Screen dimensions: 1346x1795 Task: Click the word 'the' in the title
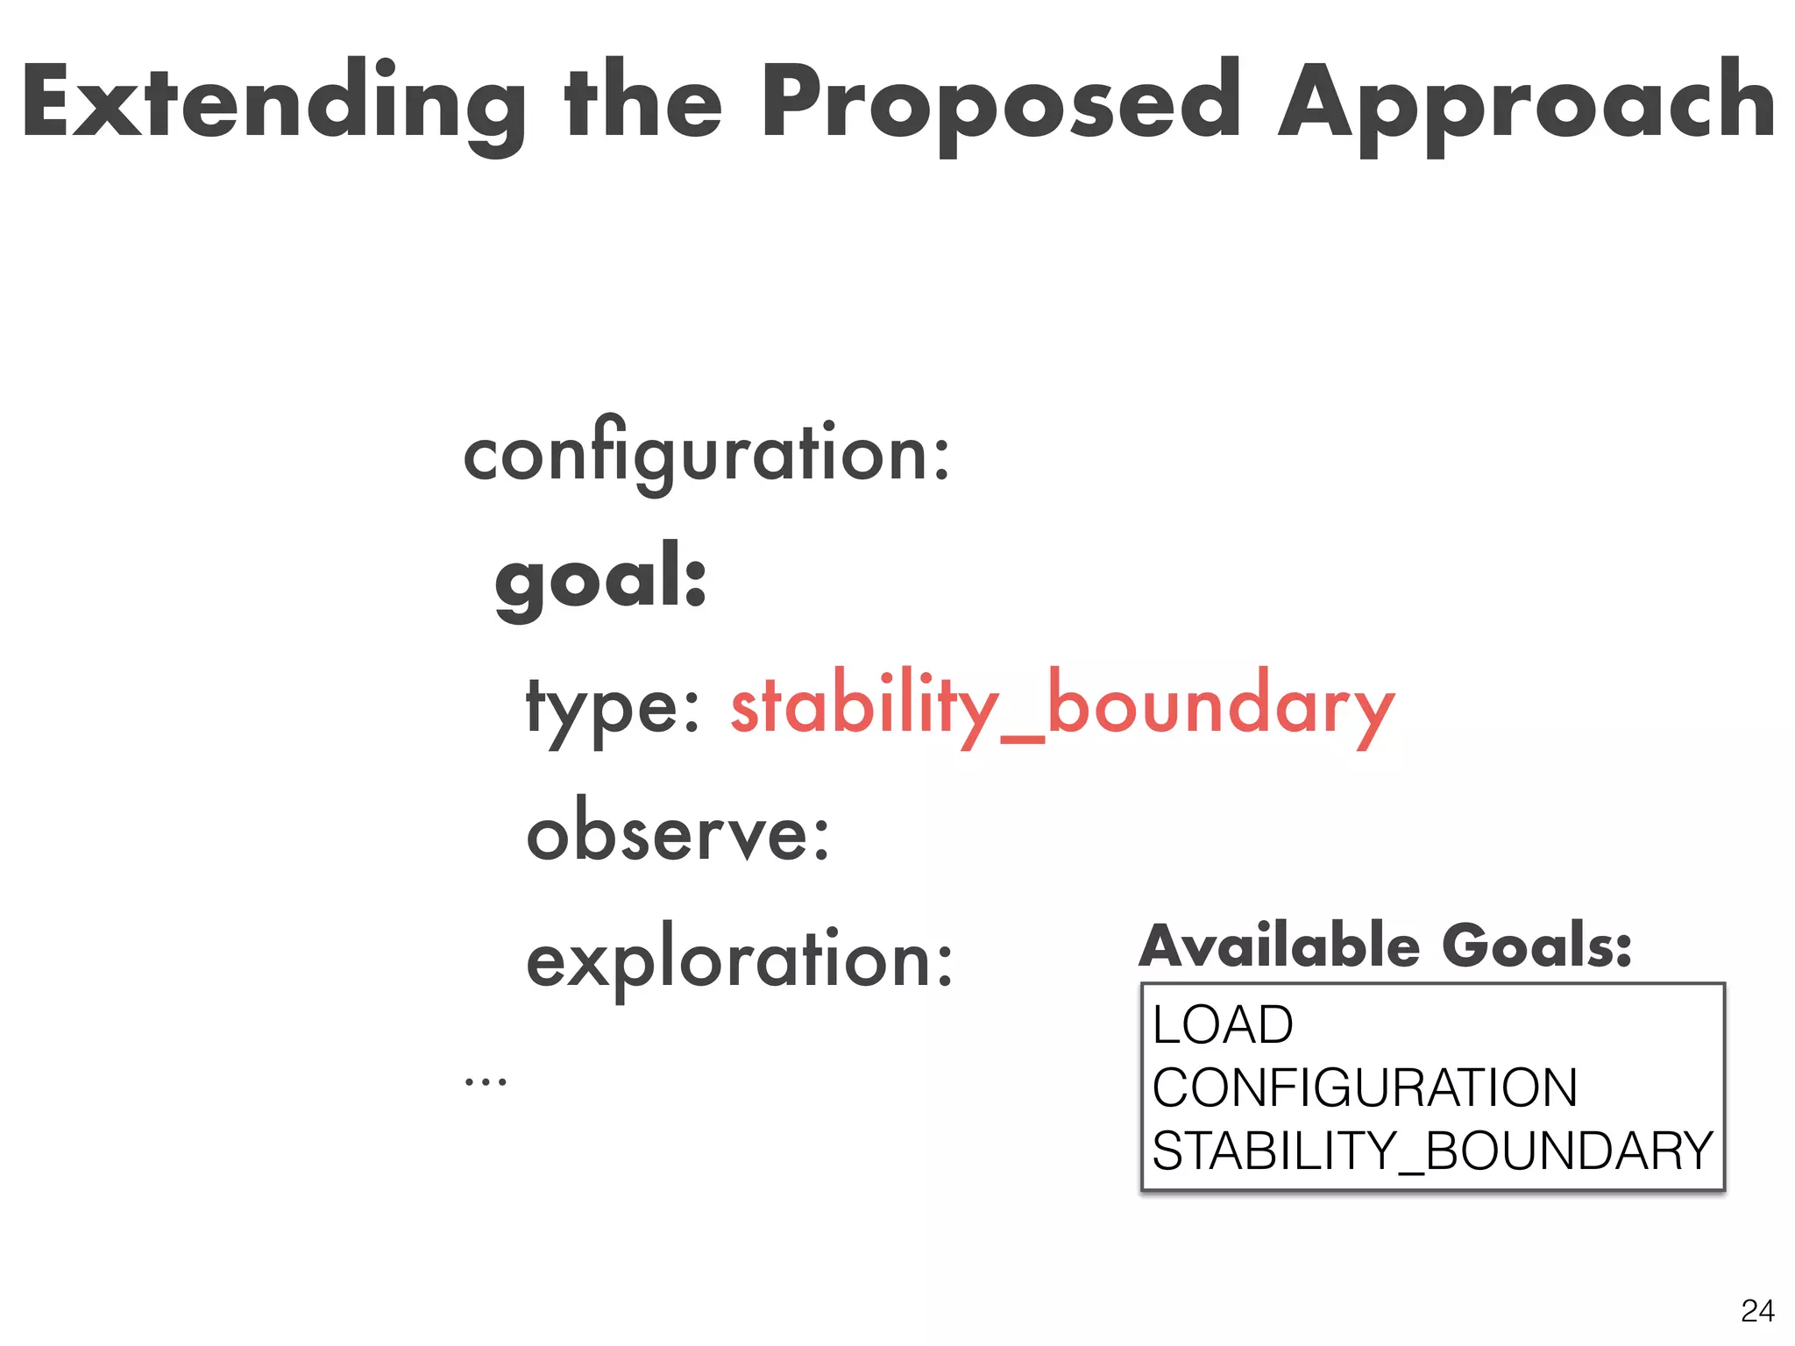644,101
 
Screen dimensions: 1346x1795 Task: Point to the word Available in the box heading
1280,946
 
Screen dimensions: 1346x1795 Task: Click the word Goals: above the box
1536,946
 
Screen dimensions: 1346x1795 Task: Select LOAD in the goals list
1223,1024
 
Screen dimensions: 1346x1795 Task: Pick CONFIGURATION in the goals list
1365,1087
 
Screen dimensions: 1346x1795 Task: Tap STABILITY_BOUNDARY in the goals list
1432,1151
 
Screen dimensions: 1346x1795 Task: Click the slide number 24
1757,1311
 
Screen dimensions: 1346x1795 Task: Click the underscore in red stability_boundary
1022,739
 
